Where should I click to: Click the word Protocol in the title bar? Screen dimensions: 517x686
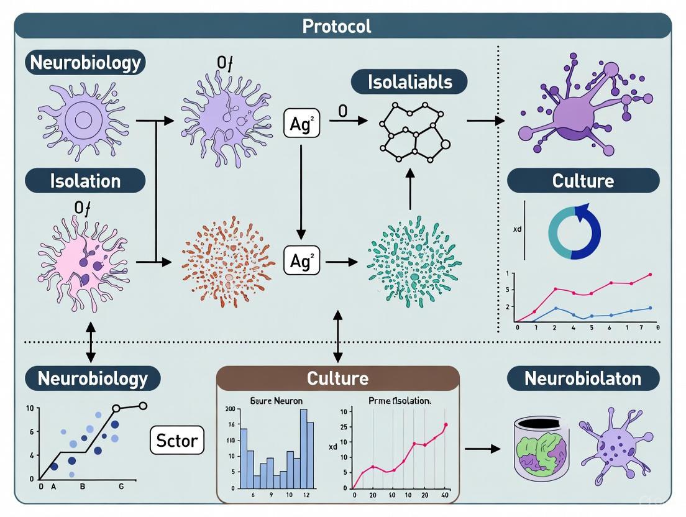pos(336,26)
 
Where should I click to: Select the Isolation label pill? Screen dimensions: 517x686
pos(85,181)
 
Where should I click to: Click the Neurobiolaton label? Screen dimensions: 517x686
pos(583,378)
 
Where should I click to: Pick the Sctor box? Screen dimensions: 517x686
pos(177,441)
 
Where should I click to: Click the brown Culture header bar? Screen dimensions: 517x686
pos(337,378)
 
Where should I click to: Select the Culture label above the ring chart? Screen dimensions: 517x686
pos(583,181)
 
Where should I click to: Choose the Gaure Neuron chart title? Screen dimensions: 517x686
pos(276,401)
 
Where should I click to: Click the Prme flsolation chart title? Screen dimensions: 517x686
pos(399,401)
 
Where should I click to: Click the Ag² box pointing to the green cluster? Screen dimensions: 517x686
pos(301,262)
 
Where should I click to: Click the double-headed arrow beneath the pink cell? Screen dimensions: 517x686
pos(91,342)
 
